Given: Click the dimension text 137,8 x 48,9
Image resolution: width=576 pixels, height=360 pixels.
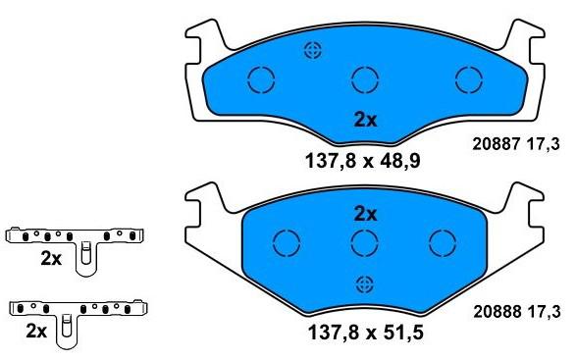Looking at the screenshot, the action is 363,161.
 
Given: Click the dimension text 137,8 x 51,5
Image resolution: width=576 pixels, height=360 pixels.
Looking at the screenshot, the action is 365,333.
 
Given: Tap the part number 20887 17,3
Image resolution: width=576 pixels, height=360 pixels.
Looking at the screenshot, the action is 516,144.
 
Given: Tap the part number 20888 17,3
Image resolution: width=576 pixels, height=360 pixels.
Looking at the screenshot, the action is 517,312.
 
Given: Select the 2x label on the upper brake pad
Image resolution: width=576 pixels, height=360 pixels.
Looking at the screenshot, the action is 365,120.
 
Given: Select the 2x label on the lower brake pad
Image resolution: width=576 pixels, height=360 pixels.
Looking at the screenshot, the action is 365,214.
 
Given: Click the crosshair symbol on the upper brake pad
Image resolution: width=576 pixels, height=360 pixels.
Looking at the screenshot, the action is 313,50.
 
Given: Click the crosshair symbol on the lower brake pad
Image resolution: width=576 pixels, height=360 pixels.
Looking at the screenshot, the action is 365,284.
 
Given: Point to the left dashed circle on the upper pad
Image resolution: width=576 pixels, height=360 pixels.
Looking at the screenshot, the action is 261,67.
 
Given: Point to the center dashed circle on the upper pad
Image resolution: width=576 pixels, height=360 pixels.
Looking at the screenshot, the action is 365,67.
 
